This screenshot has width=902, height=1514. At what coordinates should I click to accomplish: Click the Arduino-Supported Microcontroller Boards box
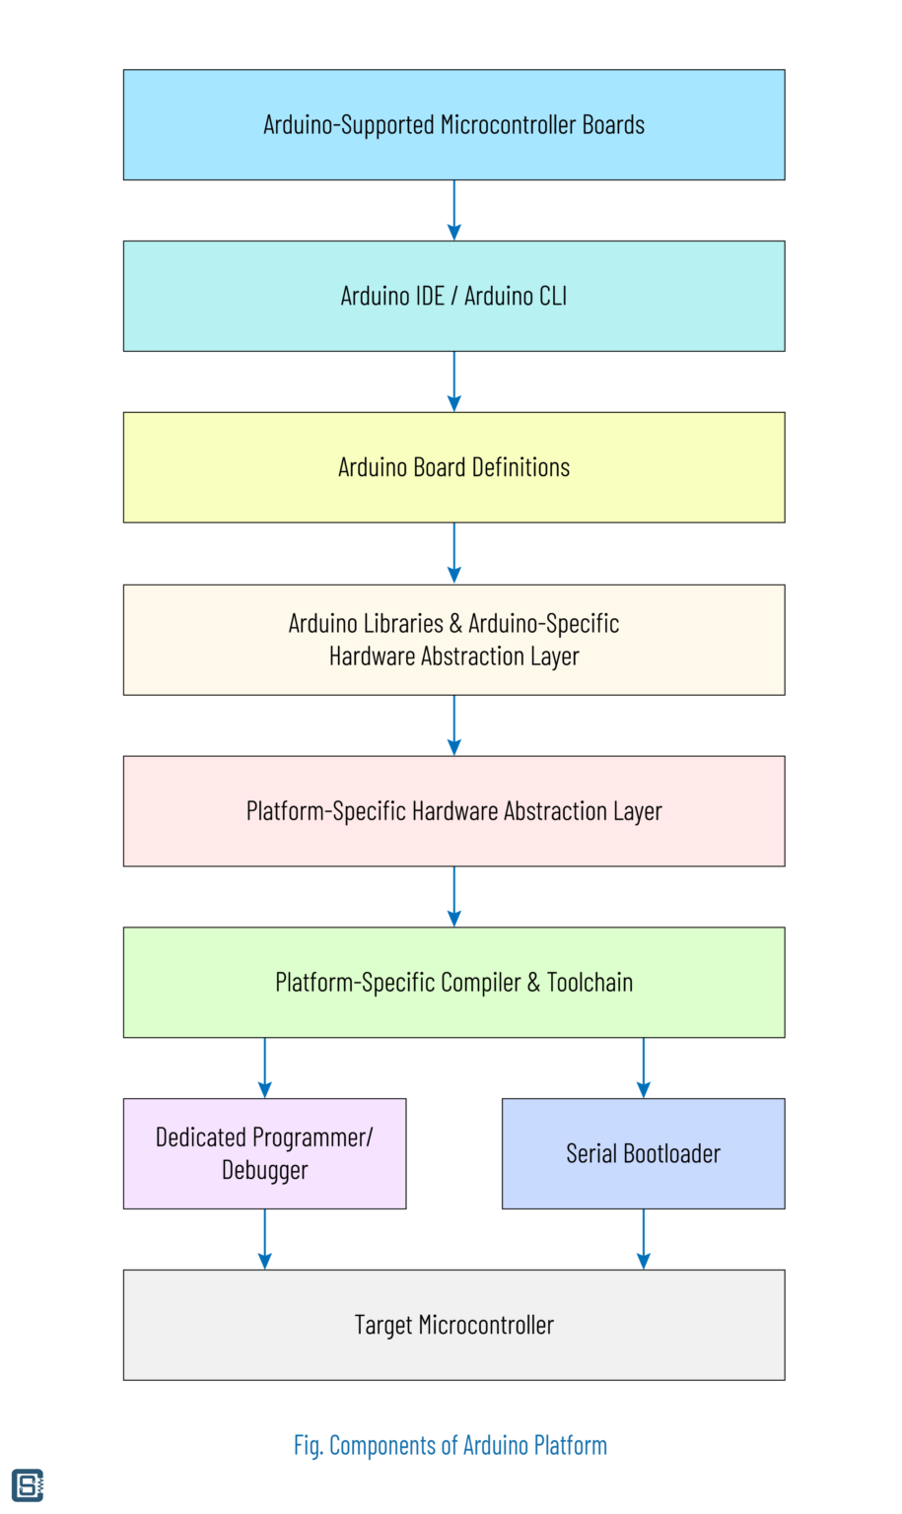click(x=453, y=125)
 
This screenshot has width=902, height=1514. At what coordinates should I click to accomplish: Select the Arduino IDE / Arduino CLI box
click(x=453, y=296)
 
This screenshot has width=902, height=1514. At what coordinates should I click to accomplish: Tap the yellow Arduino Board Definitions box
click(x=453, y=467)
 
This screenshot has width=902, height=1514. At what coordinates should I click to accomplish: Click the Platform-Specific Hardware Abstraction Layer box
click(x=453, y=811)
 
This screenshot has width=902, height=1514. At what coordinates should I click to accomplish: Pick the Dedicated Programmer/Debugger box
click(x=264, y=1153)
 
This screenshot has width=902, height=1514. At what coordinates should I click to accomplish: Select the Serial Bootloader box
click(x=643, y=1153)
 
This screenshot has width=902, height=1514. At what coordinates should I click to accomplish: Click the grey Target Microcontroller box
click(x=453, y=1325)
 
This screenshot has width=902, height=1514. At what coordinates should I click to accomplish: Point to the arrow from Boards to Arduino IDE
click(x=453, y=210)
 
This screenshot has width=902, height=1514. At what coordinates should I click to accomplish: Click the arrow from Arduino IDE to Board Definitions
click(x=453, y=381)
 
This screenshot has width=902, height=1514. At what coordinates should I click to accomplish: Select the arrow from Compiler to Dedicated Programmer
click(x=264, y=1067)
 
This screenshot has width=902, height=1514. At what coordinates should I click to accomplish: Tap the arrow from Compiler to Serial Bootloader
click(x=643, y=1067)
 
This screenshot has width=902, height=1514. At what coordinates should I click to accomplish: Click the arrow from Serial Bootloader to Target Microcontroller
click(x=643, y=1239)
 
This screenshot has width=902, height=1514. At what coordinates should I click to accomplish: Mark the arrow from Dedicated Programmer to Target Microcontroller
click(x=264, y=1239)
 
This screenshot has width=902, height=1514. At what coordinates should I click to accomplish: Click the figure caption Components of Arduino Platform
click(x=451, y=1446)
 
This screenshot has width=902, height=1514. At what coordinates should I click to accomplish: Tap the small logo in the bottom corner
click(x=28, y=1485)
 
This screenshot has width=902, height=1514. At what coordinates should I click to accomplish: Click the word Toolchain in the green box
click(x=590, y=983)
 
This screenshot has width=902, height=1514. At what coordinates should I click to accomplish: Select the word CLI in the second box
click(x=549, y=296)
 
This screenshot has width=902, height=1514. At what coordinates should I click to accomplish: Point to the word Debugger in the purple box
click(x=264, y=1170)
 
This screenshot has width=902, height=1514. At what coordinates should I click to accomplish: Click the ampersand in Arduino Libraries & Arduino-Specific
click(x=455, y=624)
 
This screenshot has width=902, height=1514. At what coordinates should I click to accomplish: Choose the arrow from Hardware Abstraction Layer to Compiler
click(x=453, y=897)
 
